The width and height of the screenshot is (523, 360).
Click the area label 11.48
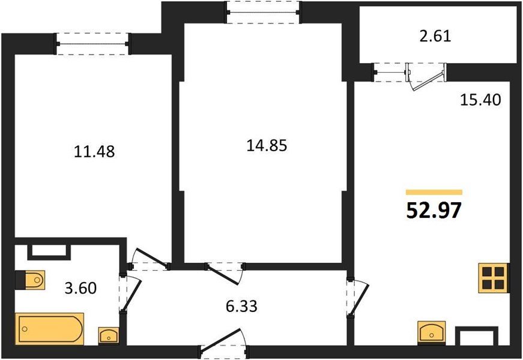click(94, 152)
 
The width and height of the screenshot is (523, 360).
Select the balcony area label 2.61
click(435, 37)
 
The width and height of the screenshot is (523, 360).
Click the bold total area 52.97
click(434, 211)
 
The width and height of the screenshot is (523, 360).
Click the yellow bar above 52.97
click(434, 192)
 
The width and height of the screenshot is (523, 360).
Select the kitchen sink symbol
click(431, 332)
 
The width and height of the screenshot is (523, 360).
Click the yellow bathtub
click(50, 328)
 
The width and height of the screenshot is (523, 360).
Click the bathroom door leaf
click(132, 294)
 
